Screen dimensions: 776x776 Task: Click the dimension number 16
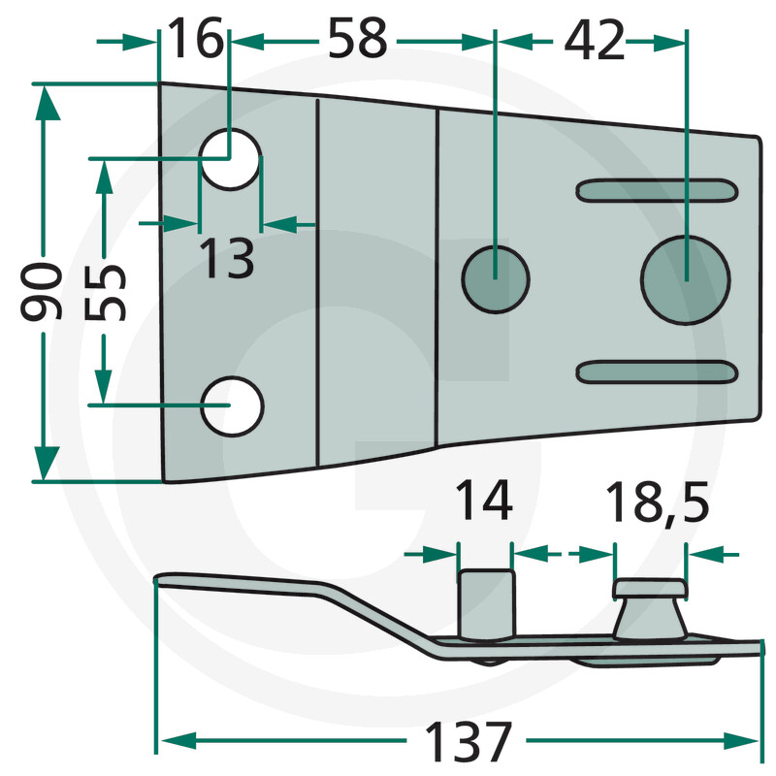pos(195,38)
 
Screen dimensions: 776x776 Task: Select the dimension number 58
pos(357,38)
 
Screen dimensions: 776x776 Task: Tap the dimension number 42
pos(594,41)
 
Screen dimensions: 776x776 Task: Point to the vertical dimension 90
pos(41,292)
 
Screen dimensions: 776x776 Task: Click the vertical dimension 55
pos(105,293)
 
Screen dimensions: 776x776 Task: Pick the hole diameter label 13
pos(227,258)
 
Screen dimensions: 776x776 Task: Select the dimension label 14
pos(483,500)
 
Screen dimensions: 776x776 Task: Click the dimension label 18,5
pos(657,502)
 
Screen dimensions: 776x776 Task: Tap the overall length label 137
pos(468,742)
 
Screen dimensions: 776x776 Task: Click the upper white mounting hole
pos(231,159)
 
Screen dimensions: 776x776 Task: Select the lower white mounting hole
pos(232,406)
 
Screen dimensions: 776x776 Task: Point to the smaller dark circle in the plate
pos(496,279)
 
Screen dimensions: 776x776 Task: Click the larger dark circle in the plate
pos(686,280)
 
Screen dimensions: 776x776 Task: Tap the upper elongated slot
pos(657,190)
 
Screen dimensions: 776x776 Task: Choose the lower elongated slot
pos(657,372)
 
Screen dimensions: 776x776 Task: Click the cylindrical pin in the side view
pos(486,603)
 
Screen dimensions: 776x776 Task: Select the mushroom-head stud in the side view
pos(650,610)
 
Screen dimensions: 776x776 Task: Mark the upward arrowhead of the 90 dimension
pos(48,103)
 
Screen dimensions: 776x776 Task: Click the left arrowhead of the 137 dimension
pos(178,741)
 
